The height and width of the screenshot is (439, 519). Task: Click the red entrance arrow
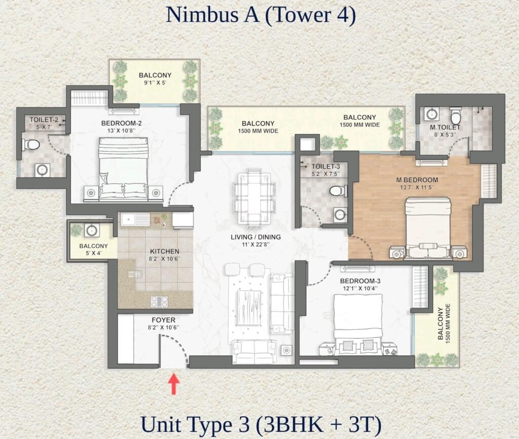(x=173, y=384)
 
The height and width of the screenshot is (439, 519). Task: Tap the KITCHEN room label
(x=165, y=251)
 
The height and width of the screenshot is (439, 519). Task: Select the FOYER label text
(x=164, y=320)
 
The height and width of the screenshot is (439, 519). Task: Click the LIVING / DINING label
(x=255, y=237)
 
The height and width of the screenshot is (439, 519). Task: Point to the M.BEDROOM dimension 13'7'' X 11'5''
(x=417, y=187)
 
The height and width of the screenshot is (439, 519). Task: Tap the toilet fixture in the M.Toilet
(x=456, y=115)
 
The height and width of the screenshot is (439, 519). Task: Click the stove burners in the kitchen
(x=159, y=301)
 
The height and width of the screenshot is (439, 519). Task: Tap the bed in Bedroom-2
(x=124, y=170)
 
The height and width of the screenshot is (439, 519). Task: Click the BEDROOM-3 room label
(x=360, y=281)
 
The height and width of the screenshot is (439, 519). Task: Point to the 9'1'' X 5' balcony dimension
(x=155, y=83)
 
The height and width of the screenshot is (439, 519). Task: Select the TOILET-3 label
(x=326, y=166)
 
